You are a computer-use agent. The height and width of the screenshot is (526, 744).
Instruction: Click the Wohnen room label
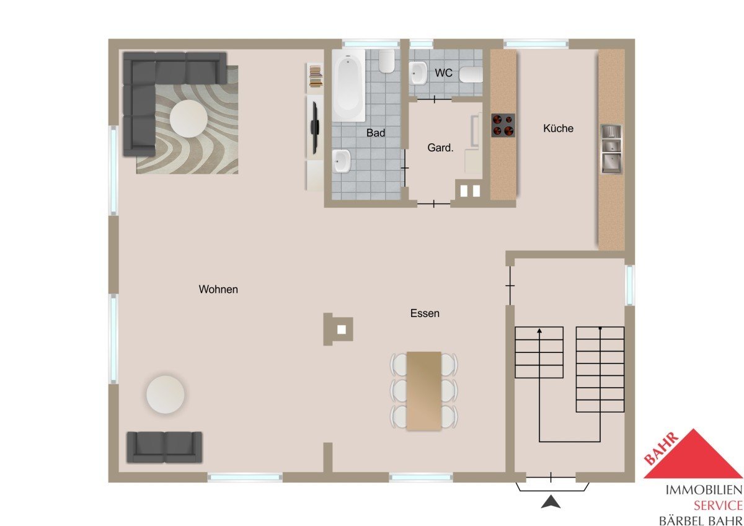[x=218, y=290]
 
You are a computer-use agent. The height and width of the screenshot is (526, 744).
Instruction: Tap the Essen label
[x=425, y=313]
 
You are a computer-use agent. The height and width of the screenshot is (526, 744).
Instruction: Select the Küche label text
[x=559, y=128]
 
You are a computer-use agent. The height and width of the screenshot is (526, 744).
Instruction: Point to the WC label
[x=443, y=73]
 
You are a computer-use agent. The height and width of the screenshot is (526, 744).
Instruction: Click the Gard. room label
[x=440, y=148]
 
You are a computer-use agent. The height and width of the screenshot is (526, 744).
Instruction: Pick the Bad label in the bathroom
[x=376, y=133]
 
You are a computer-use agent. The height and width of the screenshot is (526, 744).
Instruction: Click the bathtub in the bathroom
[x=348, y=86]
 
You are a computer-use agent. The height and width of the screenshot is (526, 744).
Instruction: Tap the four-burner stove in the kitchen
[x=503, y=125]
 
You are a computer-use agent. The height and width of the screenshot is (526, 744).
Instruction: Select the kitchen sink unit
[x=611, y=149]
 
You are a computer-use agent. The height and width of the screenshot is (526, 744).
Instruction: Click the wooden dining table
[x=424, y=391]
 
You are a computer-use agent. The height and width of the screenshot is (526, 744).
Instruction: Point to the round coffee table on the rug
[x=188, y=118]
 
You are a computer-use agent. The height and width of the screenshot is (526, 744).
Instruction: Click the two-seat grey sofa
[x=164, y=447]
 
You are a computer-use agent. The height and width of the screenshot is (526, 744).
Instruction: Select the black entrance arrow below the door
[x=551, y=502]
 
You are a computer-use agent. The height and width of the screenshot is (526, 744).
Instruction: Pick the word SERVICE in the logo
[x=718, y=506]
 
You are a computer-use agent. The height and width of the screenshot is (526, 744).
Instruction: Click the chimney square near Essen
[x=342, y=329]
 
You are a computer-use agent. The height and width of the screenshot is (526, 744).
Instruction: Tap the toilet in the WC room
[x=471, y=74]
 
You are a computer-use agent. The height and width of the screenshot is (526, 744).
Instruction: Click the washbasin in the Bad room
[x=342, y=161]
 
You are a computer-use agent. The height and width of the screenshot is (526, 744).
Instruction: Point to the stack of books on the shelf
[x=316, y=76]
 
